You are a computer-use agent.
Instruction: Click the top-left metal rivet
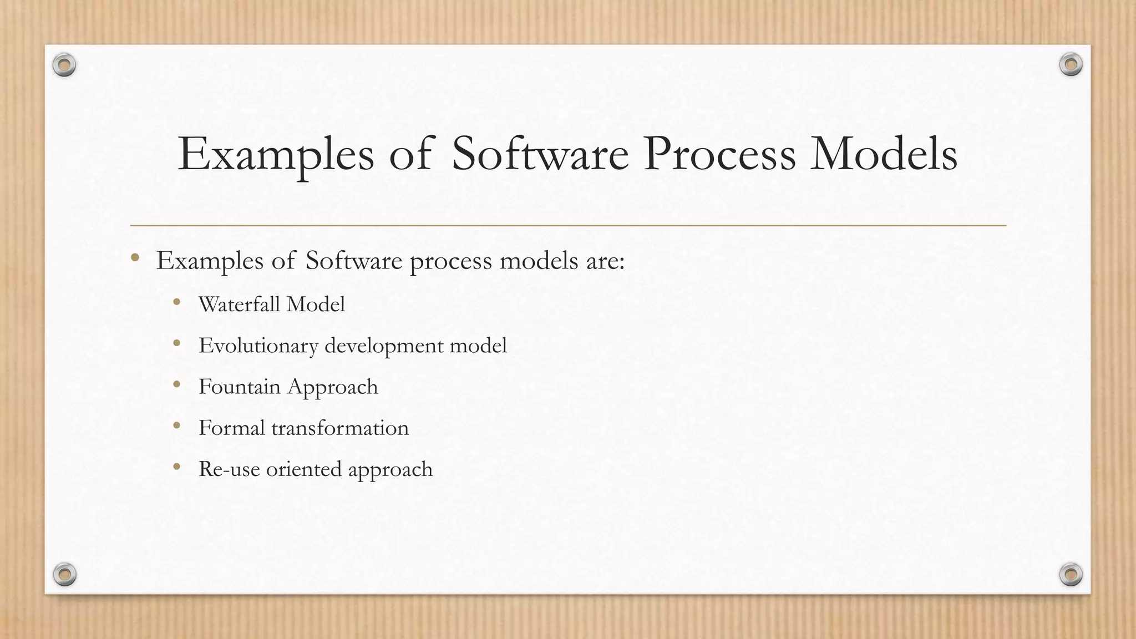(x=64, y=65)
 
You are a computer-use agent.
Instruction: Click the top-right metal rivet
(x=1071, y=65)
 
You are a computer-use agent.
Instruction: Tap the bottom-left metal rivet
(x=64, y=574)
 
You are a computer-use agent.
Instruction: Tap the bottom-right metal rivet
(x=1071, y=574)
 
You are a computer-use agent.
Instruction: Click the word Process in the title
(x=719, y=154)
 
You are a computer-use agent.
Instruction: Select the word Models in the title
(x=884, y=154)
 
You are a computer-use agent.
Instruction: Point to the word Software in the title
(x=540, y=154)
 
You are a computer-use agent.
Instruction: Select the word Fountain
(x=240, y=387)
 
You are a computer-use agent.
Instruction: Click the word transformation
(x=339, y=428)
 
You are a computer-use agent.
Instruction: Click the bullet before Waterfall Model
(x=177, y=302)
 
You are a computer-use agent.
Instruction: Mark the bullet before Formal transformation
(x=177, y=426)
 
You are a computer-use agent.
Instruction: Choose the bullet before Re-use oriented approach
(x=177, y=467)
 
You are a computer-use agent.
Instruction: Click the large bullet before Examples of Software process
(x=135, y=257)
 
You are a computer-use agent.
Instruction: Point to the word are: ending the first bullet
(x=605, y=261)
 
